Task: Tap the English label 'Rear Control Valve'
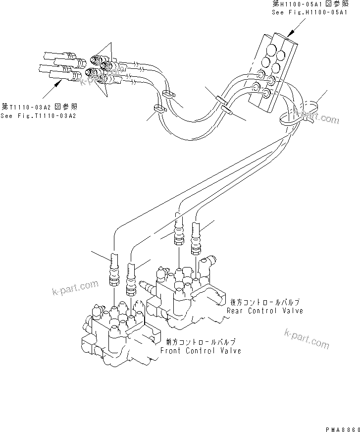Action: point(264,311)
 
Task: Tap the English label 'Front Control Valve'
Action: point(201,350)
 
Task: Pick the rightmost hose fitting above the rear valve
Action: point(198,240)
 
